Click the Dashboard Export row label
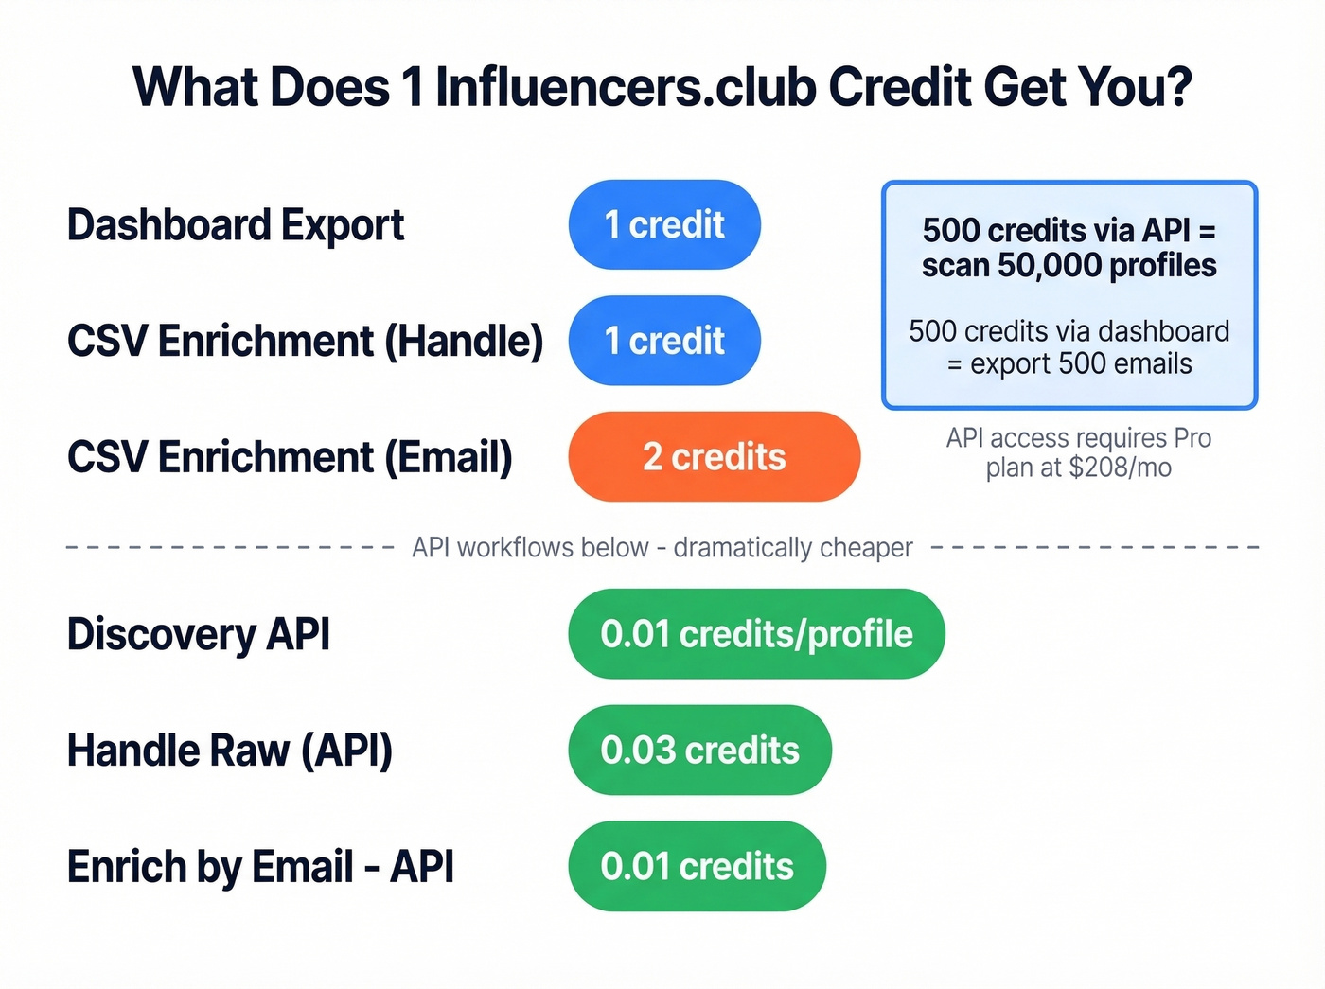click(x=235, y=225)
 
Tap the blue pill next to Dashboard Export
click(x=664, y=225)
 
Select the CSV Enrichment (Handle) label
click(x=305, y=341)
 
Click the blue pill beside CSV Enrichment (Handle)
click(x=664, y=341)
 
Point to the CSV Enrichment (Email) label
click(x=290, y=457)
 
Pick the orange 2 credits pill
click(x=714, y=457)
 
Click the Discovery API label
click(x=199, y=634)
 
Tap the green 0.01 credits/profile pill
click(x=756, y=634)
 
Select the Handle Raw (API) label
click(x=229, y=751)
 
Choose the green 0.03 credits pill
click(x=699, y=751)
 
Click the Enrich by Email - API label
click(x=260, y=867)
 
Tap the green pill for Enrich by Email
click(x=697, y=867)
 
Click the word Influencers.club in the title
click(x=626, y=87)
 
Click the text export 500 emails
click(x=1081, y=364)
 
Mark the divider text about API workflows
click(x=662, y=548)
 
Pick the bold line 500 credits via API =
click(x=1069, y=230)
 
